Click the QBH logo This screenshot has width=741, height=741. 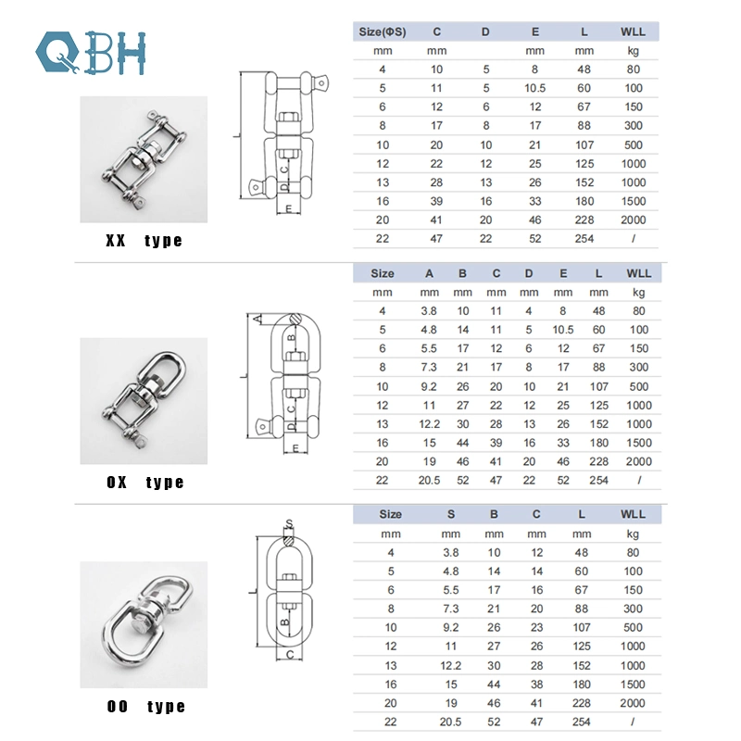coord(90,53)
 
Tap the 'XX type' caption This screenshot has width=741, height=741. coord(144,241)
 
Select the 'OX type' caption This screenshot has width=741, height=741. coord(144,483)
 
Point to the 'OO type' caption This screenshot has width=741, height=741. coord(144,707)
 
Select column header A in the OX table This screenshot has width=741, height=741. coord(429,273)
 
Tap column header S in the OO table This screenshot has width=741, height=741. coord(450,513)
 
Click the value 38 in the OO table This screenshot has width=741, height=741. coord(536,684)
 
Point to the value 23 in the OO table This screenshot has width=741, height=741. coord(536,627)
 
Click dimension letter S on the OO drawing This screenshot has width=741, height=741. coord(289,522)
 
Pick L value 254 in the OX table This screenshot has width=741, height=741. coord(599,480)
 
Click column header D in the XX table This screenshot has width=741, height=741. coord(485,31)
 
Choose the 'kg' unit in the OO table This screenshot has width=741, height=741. coord(633,533)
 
